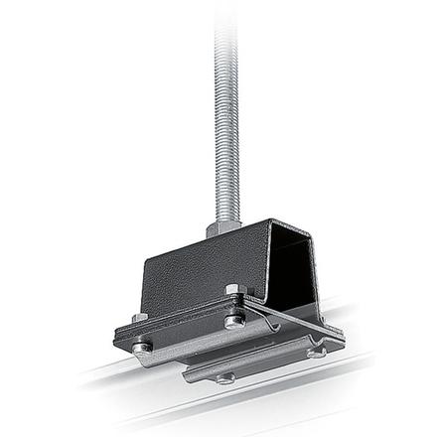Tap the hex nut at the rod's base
[223, 228]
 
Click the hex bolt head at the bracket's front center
[233, 291]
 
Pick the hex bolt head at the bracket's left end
[139, 318]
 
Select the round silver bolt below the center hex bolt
[234, 321]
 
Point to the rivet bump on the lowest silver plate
[226, 377]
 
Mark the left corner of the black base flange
[117, 343]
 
